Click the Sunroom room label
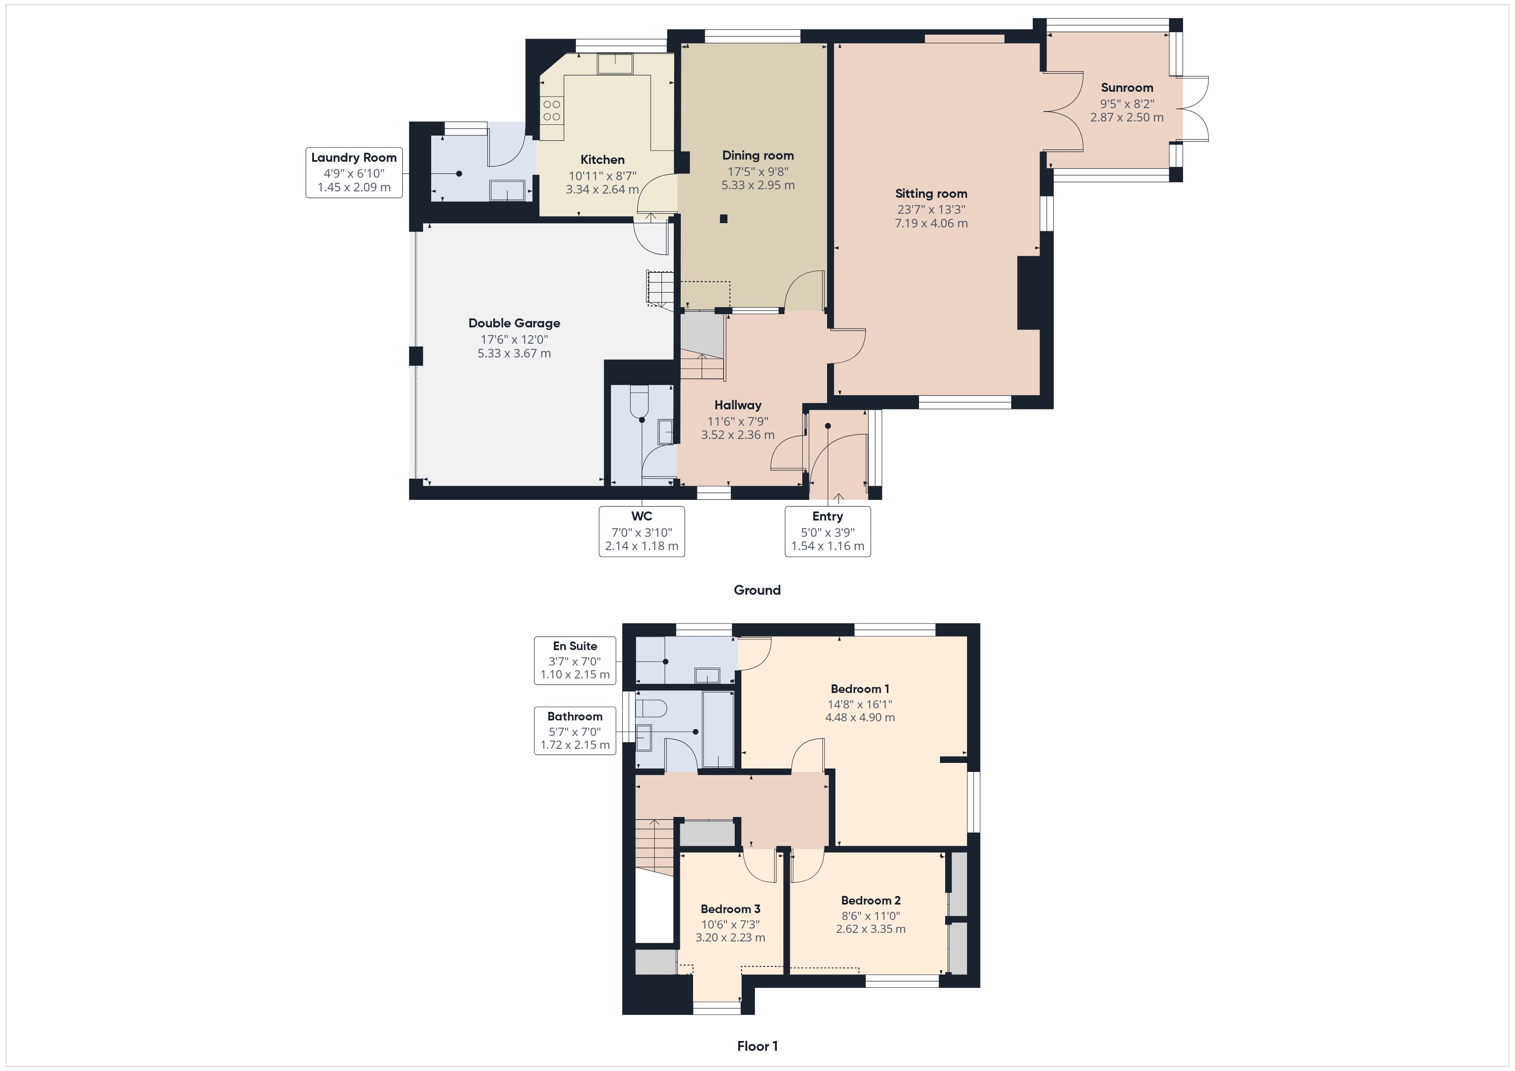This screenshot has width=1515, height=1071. tap(1126, 88)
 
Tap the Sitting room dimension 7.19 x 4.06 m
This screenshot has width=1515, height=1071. tap(931, 224)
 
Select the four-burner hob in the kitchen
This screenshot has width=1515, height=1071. tap(552, 110)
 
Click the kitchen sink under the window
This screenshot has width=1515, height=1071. tap(615, 64)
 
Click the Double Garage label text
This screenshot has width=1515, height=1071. tap(514, 323)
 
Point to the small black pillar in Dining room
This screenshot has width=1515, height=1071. tap(724, 219)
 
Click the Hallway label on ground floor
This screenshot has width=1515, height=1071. tap(738, 405)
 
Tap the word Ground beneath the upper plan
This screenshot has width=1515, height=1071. tap(757, 590)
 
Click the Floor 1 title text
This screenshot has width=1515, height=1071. tap(757, 1046)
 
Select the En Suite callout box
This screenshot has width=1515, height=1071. tap(575, 660)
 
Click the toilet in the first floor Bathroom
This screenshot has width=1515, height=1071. tap(652, 708)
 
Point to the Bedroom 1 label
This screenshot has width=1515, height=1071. tap(859, 689)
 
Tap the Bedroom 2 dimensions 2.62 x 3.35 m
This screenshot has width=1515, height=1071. tap(870, 929)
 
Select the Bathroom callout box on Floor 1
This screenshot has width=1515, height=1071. tap(575, 731)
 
